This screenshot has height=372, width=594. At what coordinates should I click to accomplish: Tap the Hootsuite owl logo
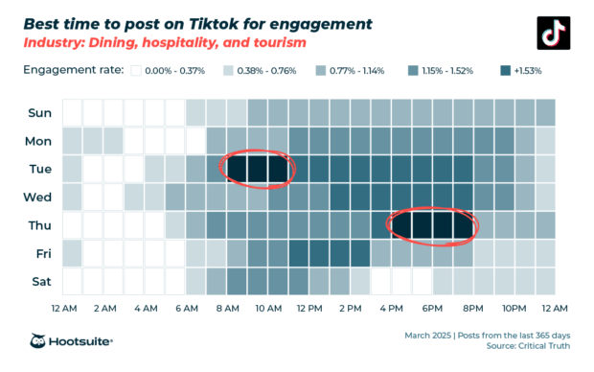(39, 342)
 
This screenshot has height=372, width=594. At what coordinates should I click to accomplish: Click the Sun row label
(39, 112)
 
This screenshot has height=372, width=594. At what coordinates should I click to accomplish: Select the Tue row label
(39, 169)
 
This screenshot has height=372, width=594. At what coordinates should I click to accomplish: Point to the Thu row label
(39, 226)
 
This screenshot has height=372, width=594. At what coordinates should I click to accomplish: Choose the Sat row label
(39, 283)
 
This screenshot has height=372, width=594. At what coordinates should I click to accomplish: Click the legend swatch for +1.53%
(505, 70)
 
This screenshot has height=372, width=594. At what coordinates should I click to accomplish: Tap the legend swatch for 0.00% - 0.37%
(137, 70)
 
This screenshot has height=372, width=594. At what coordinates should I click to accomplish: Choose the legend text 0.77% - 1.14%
(356, 70)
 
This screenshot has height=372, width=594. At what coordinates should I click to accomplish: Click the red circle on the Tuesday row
(257, 168)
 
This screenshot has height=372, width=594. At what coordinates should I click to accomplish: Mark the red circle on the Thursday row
(431, 224)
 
